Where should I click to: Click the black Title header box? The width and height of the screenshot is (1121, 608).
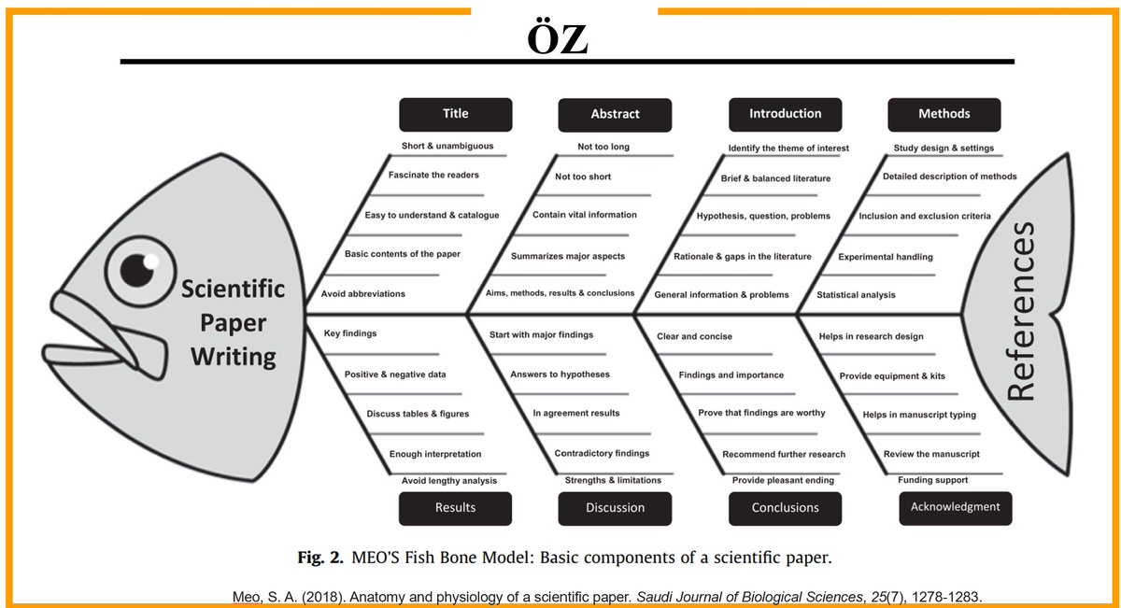[455, 114]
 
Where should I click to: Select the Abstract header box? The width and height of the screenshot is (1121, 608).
[615, 114]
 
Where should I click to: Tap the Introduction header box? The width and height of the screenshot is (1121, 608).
[785, 114]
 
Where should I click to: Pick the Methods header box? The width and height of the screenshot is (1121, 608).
[944, 114]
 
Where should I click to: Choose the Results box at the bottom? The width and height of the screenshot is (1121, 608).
[455, 508]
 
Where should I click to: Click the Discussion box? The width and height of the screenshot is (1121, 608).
[615, 508]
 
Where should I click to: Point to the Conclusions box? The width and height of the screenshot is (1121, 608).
[785, 508]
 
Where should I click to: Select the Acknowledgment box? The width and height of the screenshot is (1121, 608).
[955, 507]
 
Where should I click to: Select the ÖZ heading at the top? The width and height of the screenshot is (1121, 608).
[557, 40]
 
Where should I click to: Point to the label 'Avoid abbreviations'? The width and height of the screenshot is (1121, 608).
[362, 294]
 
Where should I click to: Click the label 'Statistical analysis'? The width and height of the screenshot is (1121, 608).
[856, 295]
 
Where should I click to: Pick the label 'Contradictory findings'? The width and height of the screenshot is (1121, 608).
[602, 454]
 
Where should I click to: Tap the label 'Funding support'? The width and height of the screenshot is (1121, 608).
[932, 480]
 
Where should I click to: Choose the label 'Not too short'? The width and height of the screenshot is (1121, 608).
[583, 177]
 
